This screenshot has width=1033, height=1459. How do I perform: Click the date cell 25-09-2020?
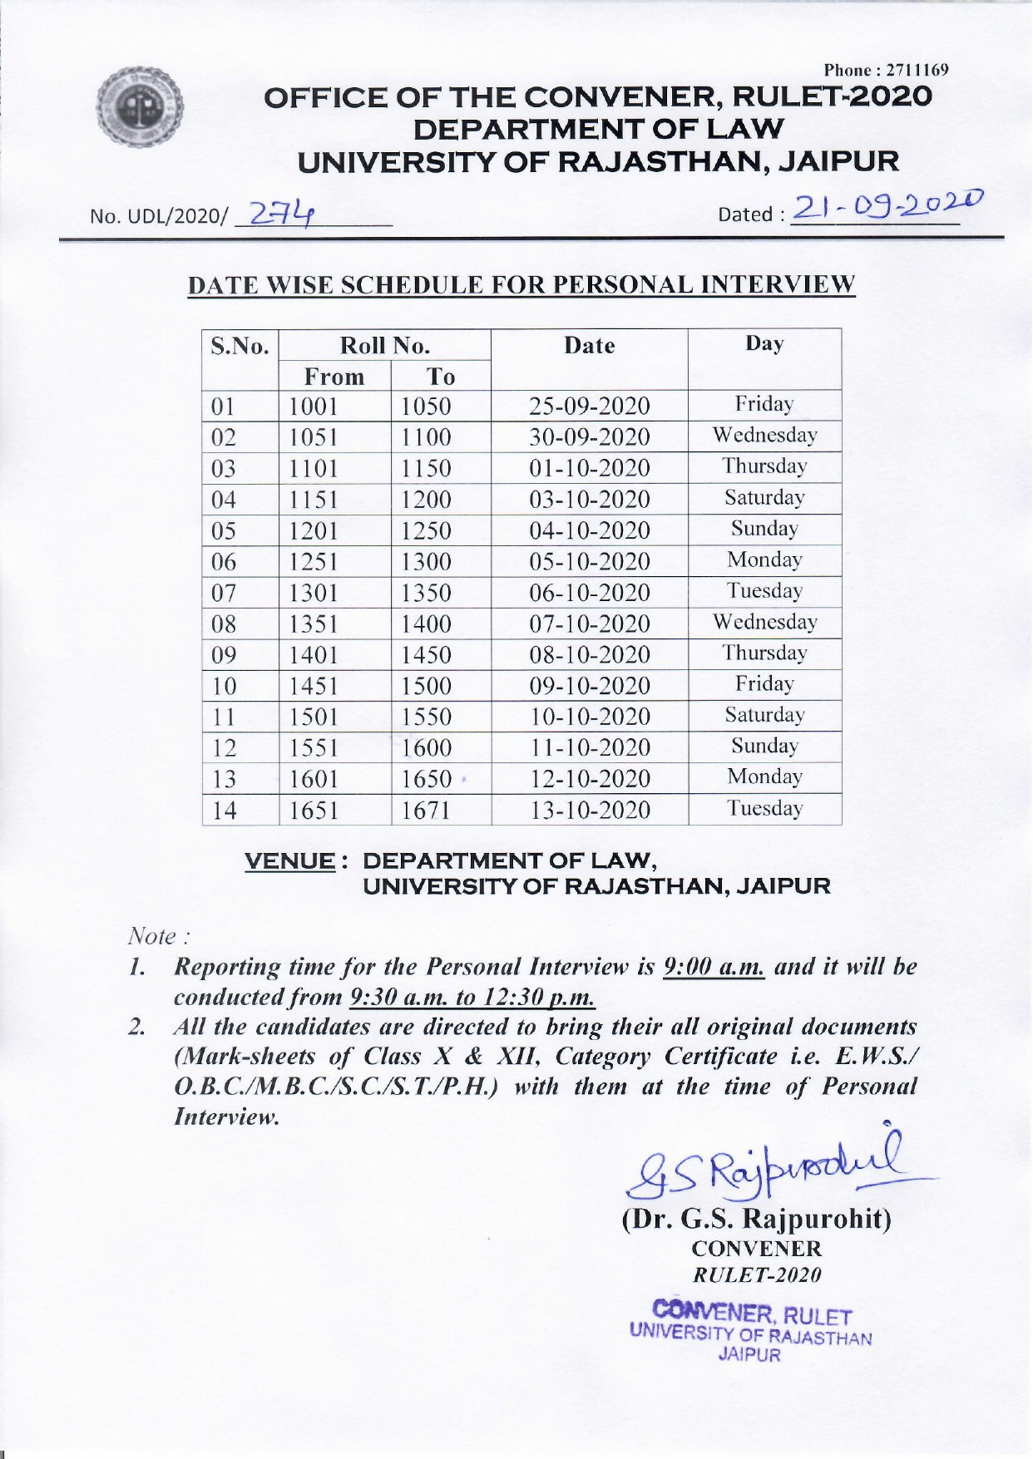(x=590, y=407)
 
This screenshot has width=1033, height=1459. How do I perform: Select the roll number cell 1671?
(x=426, y=810)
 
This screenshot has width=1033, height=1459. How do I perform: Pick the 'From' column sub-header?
(x=334, y=377)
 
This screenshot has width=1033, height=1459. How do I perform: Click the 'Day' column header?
(x=764, y=344)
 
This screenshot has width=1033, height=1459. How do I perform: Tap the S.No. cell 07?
(x=224, y=593)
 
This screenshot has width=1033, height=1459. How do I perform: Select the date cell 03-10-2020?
(x=590, y=500)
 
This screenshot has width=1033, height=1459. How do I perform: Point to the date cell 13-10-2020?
(x=590, y=810)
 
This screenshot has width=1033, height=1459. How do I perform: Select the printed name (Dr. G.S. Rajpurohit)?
(x=756, y=1218)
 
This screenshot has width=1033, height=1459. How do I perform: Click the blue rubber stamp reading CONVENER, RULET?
(x=752, y=1329)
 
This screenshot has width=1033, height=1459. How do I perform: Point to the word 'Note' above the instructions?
(x=151, y=936)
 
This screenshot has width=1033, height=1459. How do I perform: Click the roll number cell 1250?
(x=426, y=530)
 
